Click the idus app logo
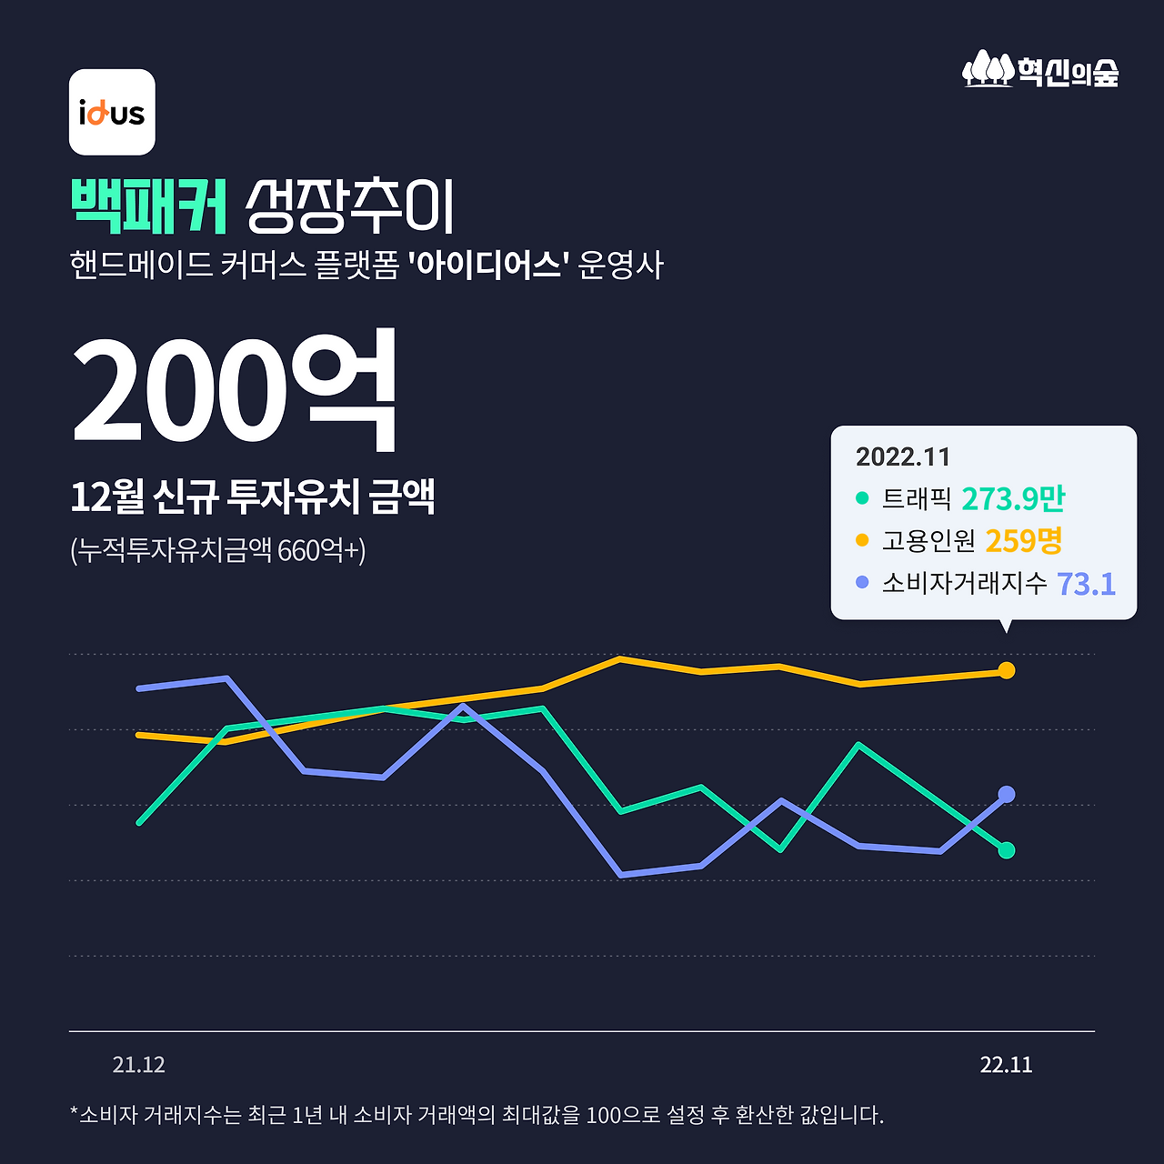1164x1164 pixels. (112, 112)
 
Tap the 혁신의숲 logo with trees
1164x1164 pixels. (1040, 69)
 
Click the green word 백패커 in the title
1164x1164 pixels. (149, 207)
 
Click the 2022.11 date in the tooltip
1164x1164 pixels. (902, 457)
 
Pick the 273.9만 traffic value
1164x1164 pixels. (1013, 498)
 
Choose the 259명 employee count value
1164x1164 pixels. (1024, 540)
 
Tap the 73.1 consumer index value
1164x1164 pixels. (1086, 583)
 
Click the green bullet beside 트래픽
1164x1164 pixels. (862, 498)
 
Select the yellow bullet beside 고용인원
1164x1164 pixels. (862, 540)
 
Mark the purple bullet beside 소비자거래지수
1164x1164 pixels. (862, 582)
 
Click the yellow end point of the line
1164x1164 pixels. (1007, 670)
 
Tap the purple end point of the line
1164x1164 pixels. (1007, 794)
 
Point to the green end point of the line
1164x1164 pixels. (1007, 850)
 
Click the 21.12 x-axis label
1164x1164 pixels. (138, 1065)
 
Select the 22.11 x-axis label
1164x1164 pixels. (1006, 1065)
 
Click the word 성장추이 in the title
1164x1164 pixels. (350, 207)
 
